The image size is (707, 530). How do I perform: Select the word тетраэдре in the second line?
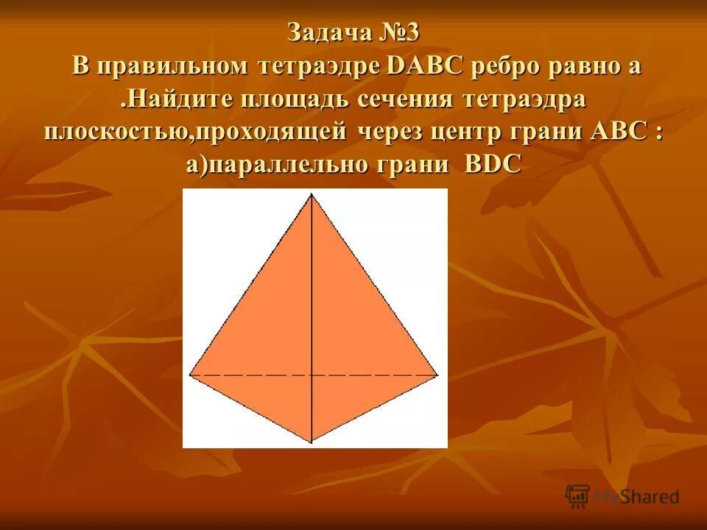pos(320,66)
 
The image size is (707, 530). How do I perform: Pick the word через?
pos(390,132)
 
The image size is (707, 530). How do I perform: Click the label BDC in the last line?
pos(493,164)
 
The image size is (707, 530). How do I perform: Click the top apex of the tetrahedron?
pos(312,194)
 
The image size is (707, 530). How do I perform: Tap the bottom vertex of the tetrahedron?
pos(312,442)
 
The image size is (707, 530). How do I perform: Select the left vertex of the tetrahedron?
pos(190,375)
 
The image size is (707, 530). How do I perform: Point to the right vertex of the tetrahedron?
pos(438,375)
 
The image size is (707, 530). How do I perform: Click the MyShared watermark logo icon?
pos(578,496)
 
